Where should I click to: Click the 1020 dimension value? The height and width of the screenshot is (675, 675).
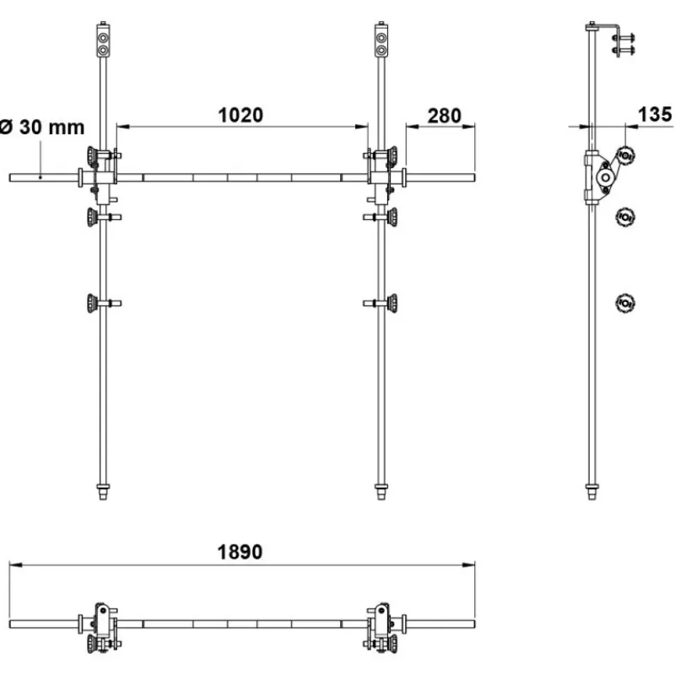[x=240, y=116]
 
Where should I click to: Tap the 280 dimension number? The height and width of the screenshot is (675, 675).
[x=445, y=116]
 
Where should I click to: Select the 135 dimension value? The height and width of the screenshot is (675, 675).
[x=655, y=115]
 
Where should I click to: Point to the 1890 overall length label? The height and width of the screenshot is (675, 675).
[x=240, y=553]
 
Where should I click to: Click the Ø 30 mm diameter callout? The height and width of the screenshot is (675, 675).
[x=42, y=127]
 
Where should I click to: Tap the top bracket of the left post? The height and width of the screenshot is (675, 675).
[x=103, y=40]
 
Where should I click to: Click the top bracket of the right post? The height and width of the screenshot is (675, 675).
[x=381, y=40]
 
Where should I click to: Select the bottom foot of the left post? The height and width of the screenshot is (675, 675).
[x=103, y=492]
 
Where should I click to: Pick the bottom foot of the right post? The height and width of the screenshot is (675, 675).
[x=381, y=492]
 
